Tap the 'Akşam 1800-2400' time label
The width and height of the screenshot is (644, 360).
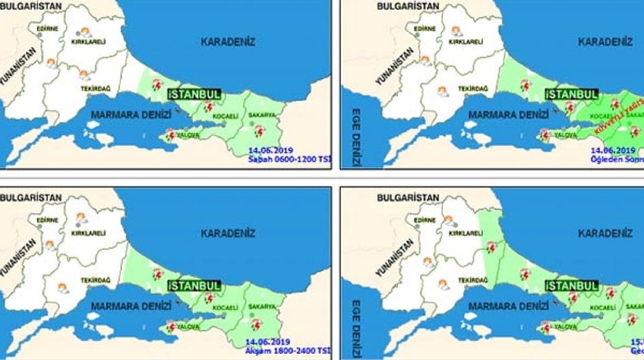click(x=288, y=350)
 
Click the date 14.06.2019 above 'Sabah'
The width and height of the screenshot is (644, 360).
click(x=271, y=150)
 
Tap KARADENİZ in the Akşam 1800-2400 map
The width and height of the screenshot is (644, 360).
click(x=228, y=233)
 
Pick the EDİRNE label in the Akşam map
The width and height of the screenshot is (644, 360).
click(x=47, y=220)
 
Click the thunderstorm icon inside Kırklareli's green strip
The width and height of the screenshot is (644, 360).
click(x=491, y=247)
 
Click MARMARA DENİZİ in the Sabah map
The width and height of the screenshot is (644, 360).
click(x=131, y=115)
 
